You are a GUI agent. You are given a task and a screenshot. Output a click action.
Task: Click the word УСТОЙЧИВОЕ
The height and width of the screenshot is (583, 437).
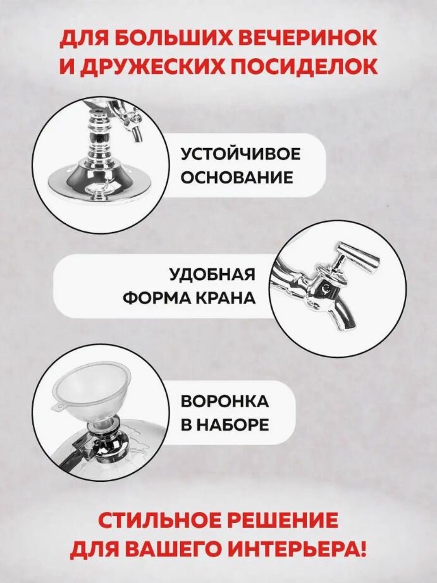[240, 154]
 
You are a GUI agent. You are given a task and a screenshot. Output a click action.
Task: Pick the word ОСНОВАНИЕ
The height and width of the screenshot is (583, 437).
[237, 178]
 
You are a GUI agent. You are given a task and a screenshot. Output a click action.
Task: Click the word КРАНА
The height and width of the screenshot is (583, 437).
[226, 298]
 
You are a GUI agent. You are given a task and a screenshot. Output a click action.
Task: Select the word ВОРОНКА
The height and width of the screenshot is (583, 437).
[225, 402]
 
